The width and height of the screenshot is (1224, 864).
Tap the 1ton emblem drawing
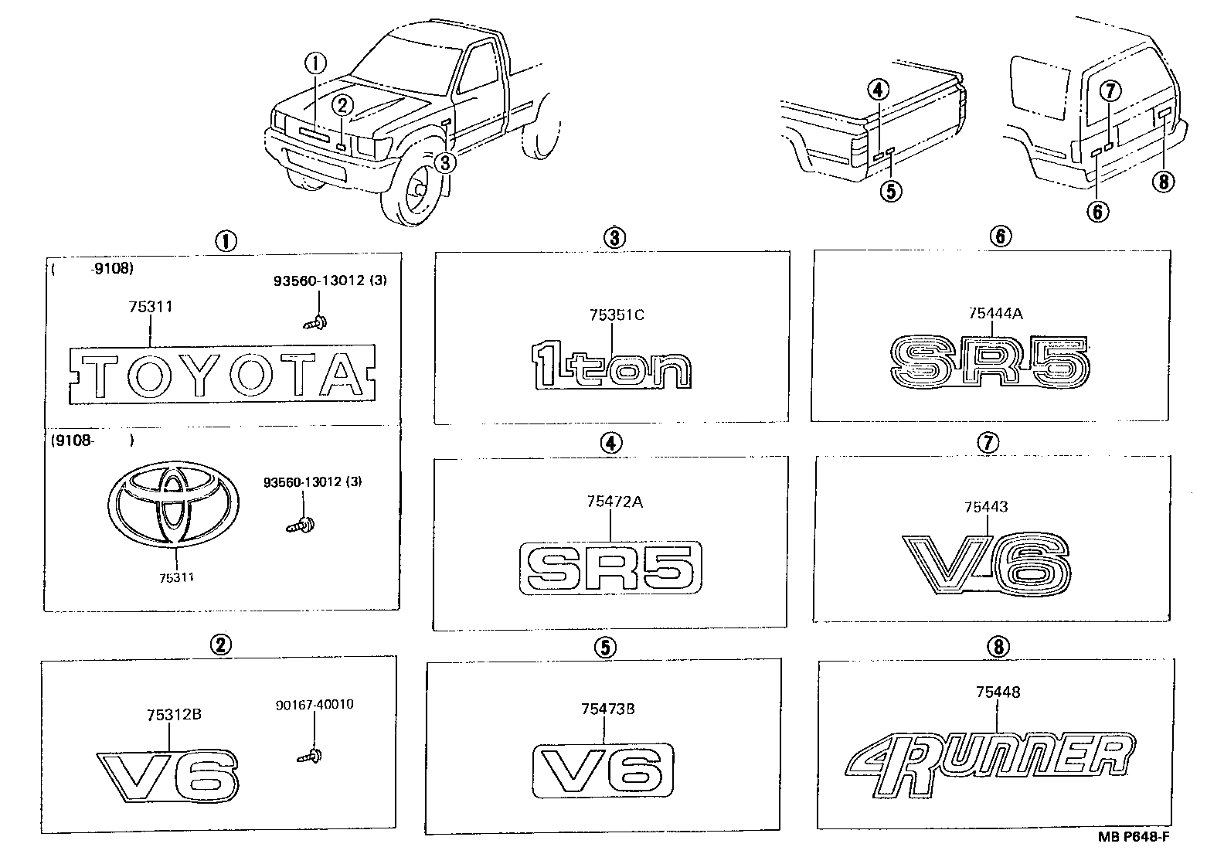coord(611,368)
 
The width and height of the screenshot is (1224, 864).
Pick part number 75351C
coord(616,315)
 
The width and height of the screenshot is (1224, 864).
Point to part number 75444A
coord(994,312)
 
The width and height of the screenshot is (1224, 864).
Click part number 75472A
coord(614,502)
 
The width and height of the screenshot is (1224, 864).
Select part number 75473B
coord(607,708)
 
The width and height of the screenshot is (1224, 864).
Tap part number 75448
coord(998,692)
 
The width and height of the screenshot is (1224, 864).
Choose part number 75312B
coord(174,715)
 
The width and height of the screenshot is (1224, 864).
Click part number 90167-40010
coord(314,705)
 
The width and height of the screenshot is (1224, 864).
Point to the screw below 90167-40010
coord(310,756)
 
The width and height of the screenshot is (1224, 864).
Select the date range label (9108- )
coord(92,441)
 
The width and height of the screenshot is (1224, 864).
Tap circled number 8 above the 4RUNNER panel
coord(998,647)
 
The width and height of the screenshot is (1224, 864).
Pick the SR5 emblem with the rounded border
coord(610,569)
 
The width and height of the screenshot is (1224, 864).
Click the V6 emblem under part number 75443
coord(988,564)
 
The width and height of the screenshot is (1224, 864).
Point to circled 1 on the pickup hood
coord(315,63)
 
